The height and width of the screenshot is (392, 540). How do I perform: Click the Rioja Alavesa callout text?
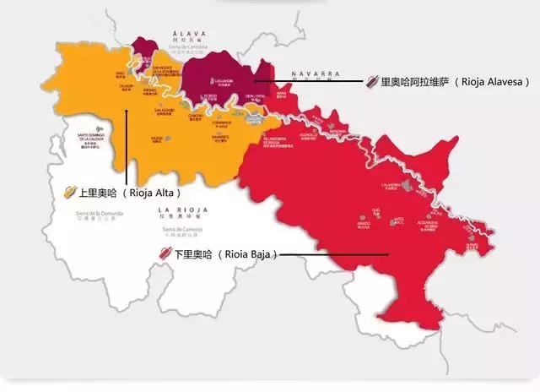click(x=456, y=82)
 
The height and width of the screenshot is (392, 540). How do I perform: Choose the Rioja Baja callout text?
click(x=227, y=253)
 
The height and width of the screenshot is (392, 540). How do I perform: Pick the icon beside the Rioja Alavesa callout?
click(x=371, y=82)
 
